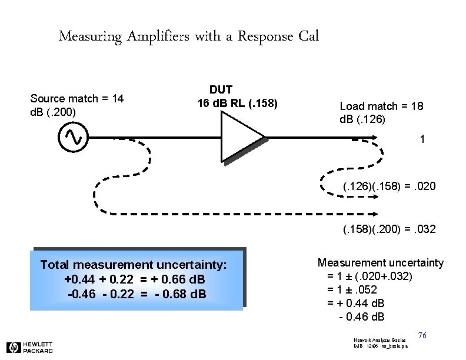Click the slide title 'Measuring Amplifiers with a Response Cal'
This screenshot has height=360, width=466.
pyautogui.click(x=189, y=36)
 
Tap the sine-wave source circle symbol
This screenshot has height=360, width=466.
pyautogui.click(x=74, y=137)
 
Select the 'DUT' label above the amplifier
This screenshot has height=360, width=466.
pyautogui.click(x=221, y=90)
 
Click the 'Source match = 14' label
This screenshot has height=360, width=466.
pyautogui.click(x=76, y=98)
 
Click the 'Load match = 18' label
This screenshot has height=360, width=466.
pyautogui.click(x=381, y=106)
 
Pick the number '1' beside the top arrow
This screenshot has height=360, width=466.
pyautogui.click(x=422, y=139)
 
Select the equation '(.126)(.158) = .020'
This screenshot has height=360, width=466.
pyautogui.click(x=390, y=186)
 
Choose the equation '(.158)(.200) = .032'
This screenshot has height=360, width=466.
pyautogui.click(x=390, y=229)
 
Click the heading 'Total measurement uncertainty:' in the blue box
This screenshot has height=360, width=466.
pyautogui.click(x=133, y=265)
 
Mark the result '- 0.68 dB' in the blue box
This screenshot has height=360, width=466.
pyautogui.click(x=179, y=293)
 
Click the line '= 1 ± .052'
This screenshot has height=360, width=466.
pyautogui.click(x=352, y=289)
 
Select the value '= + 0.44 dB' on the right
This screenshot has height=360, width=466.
pyautogui.click(x=355, y=304)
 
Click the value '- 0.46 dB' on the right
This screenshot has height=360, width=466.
pyautogui.click(x=362, y=317)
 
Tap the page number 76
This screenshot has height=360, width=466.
pyautogui.click(x=421, y=335)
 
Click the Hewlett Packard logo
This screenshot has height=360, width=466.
pyautogui.click(x=29, y=347)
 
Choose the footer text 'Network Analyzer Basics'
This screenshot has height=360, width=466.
pyautogui.click(x=379, y=341)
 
